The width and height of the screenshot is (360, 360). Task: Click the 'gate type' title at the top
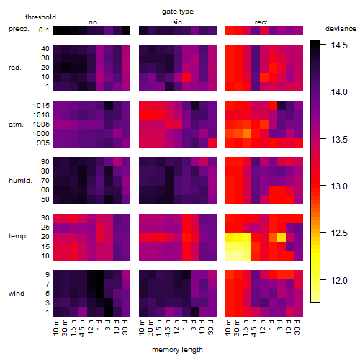click(178, 12)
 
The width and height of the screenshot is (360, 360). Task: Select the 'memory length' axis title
click(177, 350)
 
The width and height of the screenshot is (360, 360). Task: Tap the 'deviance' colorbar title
click(341, 29)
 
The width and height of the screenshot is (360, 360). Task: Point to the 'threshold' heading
click(40, 17)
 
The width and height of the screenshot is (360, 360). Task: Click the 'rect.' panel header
click(262, 22)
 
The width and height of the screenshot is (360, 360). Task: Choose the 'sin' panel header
click(177, 22)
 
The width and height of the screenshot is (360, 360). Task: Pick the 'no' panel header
click(93, 22)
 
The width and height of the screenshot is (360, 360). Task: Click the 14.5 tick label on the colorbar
click(339, 45)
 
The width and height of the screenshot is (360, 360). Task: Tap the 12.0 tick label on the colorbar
click(339, 280)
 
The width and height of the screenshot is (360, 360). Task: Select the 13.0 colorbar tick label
click(339, 186)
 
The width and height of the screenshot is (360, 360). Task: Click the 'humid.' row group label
click(20, 180)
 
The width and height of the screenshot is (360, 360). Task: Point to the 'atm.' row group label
click(16, 125)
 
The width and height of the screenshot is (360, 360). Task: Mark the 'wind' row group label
click(17, 293)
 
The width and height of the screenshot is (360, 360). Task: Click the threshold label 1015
click(41, 105)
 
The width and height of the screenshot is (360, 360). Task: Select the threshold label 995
click(43, 143)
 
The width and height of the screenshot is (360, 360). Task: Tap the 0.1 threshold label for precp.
click(44, 30)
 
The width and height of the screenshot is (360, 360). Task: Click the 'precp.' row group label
click(19, 29)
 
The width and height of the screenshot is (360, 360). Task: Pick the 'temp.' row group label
click(18, 236)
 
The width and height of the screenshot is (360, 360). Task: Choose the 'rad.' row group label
click(15, 68)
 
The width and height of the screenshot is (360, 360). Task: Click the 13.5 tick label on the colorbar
click(339, 139)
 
